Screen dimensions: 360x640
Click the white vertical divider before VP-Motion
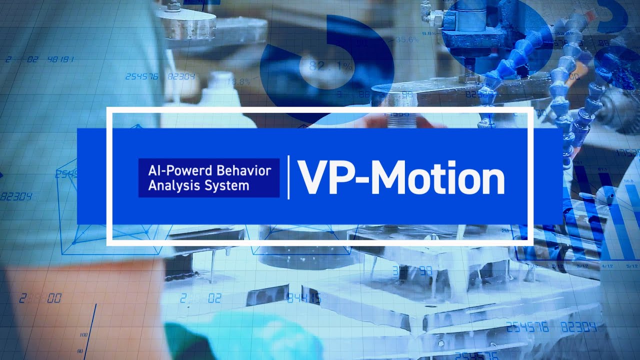tap(288, 177)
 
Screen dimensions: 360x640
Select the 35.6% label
tap(407, 39)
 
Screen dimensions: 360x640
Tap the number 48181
tap(61, 59)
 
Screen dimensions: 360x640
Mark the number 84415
tap(303, 298)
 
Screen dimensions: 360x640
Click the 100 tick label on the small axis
tap(83, 334)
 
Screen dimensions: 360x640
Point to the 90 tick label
tap(80, 351)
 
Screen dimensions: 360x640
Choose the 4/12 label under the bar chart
tap(608, 266)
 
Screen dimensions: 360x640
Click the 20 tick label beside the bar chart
tap(505, 230)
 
